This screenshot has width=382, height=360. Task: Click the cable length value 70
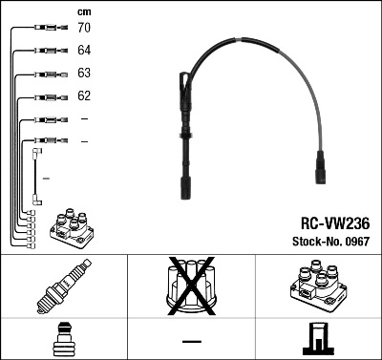tap(84, 28)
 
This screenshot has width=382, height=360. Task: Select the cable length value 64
tap(84, 51)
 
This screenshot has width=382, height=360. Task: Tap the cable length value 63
tap(84, 74)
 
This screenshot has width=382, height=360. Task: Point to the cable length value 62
tap(84, 96)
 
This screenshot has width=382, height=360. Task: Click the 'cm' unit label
tap(84, 11)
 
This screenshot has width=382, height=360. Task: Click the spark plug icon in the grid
tap(63, 288)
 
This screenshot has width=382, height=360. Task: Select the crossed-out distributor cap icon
tap(191, 286)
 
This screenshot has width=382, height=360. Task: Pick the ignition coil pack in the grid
tap(317, 287)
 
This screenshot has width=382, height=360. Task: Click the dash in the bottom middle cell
tap(191, 341)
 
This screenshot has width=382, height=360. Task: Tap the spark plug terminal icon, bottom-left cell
tap(63, 340)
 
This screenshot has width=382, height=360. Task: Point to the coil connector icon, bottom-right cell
tap(317, 340)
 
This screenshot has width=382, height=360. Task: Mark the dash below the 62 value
tap(84, 119)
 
